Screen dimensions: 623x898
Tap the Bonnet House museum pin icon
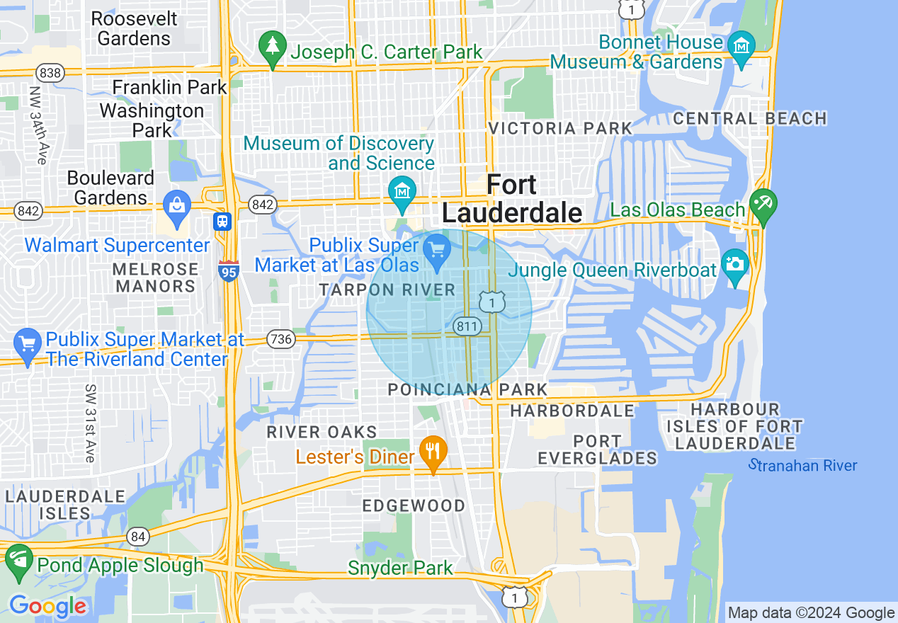(x=741, y=48)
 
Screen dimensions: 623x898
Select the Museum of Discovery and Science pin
(x=402, y=192)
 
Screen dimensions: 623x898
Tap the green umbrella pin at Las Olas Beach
(x=763, y=205)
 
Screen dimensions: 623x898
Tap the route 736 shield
(x=281, y=339)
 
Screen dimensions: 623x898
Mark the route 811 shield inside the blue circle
(x=467, y=326)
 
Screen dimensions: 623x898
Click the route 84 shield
(x=139, y=537)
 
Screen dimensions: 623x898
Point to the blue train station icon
(x=223, y=221)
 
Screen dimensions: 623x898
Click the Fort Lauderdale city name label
(x=511, y=199)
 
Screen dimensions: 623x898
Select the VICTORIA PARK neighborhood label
(x=560, y=128)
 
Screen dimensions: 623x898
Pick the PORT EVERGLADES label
(x=597, y=450)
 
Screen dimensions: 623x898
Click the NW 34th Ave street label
(x=37, y=125)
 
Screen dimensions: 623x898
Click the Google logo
(x=47, y=606)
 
